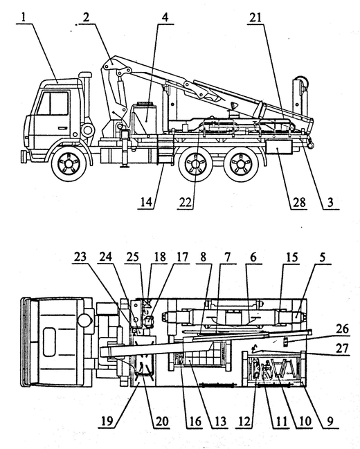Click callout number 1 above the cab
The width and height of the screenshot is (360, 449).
pyautogui.click(x=24, y=17)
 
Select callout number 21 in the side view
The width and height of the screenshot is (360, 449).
pyautogui.click(x=255, y=18)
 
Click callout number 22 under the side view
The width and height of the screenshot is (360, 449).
pyautogui.click(x=185, y=203)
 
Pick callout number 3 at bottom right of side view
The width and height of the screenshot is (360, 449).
pyautogui.click(x=330, y=203)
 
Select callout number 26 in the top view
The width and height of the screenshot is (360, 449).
pyautogui.click(x=342, y=329)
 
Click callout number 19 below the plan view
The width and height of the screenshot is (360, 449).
pyautogui.click(x=107, y=421)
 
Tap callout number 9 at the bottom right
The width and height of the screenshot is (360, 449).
pyautogui.click(x=330, y=421)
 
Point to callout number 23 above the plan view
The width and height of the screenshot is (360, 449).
pyautogui.click(x=80, y=257)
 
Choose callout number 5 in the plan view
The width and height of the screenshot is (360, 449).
pyautogui.click(x=323, y=257)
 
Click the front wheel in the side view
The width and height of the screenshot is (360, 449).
pyautogui.click(x=69, y=163)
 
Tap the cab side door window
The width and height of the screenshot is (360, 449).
pyautogui.click(x=53, y=103)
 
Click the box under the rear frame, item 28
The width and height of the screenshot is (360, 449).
pyautogui.click(x=278, y=147)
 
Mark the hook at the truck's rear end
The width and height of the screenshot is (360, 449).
pyautogui.click(x=310, y=143)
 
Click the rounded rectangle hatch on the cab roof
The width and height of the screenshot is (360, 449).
pyautogui.click(x=49, y=342)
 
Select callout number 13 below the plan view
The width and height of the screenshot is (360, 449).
pyautogui.click(x=220, y=421)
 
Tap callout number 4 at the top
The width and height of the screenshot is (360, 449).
pyautogui.click(x=165, y=18)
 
